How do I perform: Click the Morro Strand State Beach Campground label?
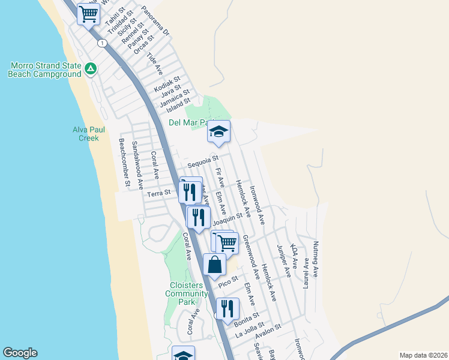point(44,70)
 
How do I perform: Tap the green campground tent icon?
point(90,70)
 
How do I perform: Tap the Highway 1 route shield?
point(103,43)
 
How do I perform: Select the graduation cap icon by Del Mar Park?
point(219,131)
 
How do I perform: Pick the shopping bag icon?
point(214,265)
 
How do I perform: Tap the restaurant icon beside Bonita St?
point(227,308)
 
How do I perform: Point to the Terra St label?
point(160,193)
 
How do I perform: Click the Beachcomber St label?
point(124,163)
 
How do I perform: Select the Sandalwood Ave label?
point(137,166)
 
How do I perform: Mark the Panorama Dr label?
point(156,21)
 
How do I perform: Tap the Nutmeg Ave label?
point(316,259)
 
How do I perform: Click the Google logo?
point(20,353)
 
